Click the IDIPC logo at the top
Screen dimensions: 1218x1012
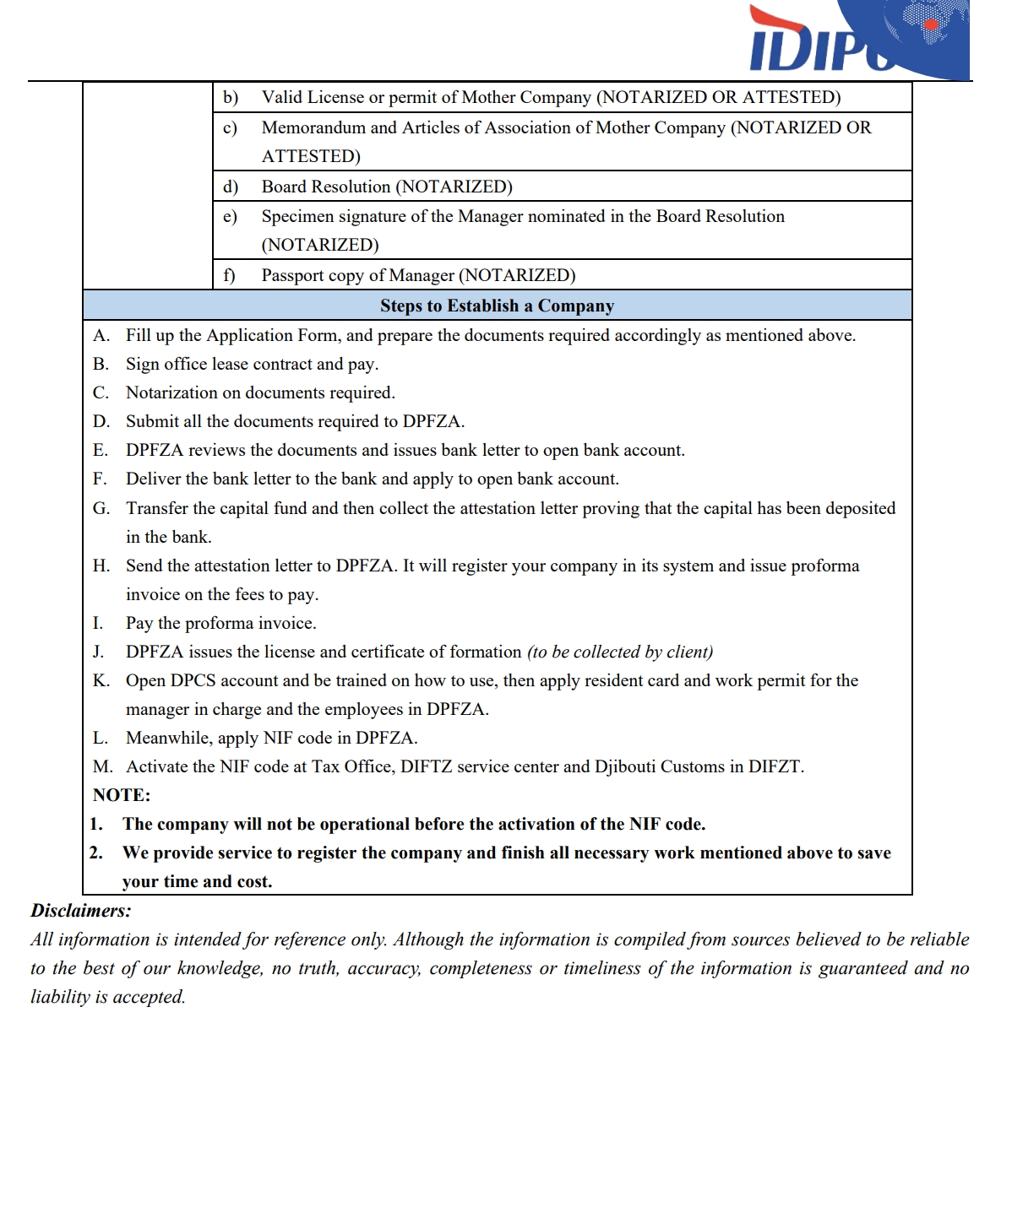coord(857,41)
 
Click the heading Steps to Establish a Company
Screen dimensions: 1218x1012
coord(497,306)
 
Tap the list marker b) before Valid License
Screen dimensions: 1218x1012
coord(231,98)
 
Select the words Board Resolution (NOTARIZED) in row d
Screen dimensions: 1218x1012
coord(387,187)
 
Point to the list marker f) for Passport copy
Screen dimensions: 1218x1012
coord(229,275)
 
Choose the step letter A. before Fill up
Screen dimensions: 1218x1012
coord(101,336)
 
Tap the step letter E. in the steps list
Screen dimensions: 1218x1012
coord(101,451)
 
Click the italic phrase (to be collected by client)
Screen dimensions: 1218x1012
coord(620,652)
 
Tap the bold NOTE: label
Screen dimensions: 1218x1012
coord(122,795)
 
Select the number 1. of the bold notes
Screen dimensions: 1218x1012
coord(96,824)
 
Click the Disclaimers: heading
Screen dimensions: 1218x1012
coord(81,911)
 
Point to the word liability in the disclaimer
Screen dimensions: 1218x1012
coord(60,997)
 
